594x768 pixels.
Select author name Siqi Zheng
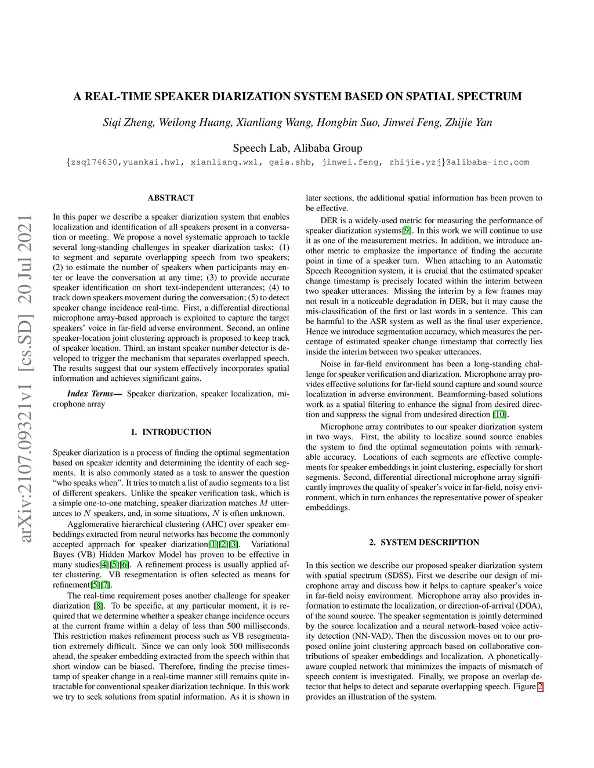[128, 122]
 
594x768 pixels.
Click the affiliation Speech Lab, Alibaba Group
[297, 148]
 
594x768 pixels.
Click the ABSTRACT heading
[171, 198]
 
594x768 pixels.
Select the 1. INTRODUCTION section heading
[171, 432]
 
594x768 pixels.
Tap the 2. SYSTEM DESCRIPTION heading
[424, 543]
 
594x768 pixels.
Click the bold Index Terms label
[94, 394]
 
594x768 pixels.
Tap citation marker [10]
[499, 414]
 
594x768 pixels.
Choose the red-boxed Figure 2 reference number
[540, 687]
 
